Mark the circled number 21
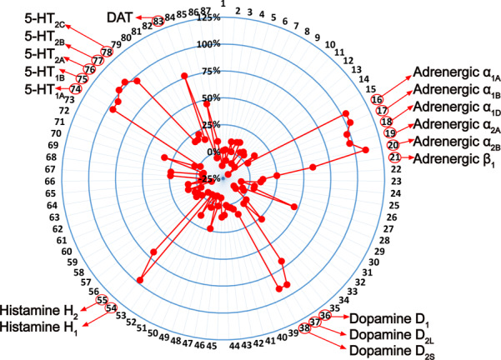point(395,157)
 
